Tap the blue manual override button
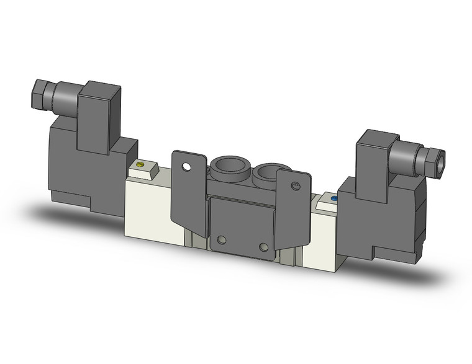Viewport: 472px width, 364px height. (334, 199)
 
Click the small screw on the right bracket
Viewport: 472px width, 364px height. (296, 185)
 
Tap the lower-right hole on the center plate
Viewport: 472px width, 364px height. (264, 247)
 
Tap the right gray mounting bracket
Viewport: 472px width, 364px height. (293, 211)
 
